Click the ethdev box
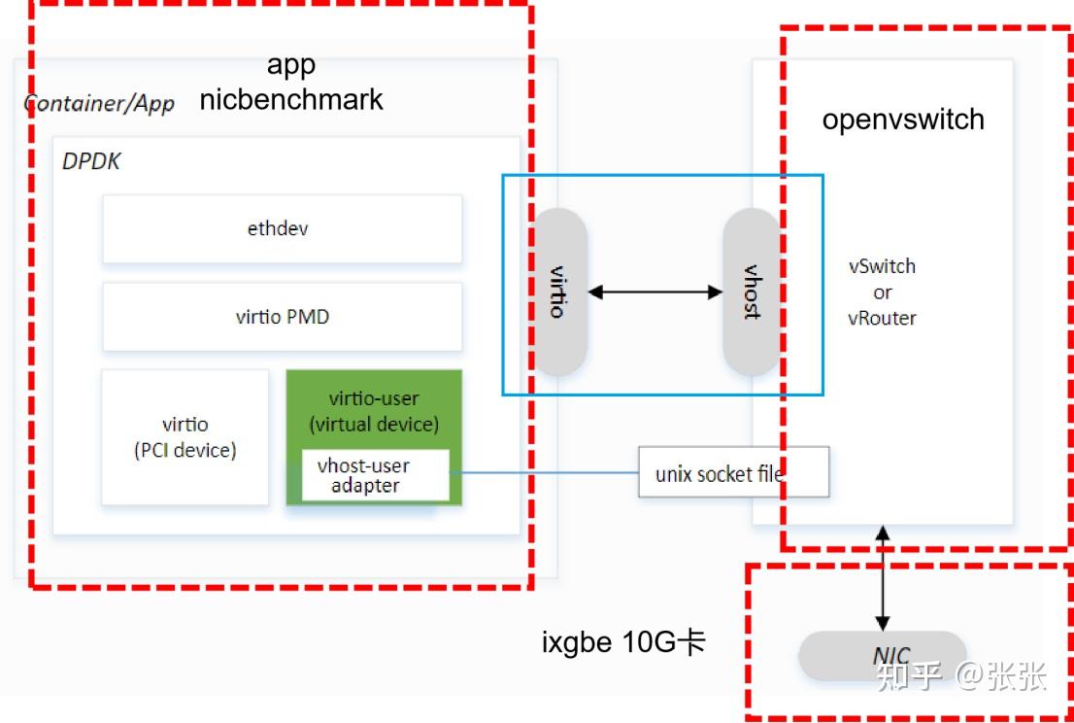282,229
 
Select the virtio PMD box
282,317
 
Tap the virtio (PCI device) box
185,437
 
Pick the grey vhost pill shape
751,292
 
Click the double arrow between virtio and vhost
654,292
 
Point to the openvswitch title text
903,120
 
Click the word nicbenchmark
291,99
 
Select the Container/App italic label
99,103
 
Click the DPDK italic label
92,161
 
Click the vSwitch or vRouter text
882,292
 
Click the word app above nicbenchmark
291,65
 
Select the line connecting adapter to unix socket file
544,473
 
